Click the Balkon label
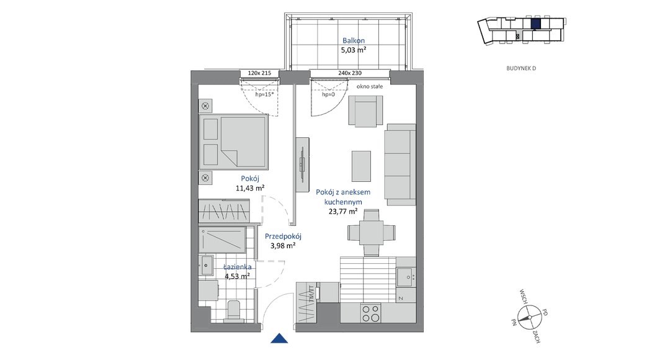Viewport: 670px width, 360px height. point(354,40)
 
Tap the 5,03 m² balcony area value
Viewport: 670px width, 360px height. point(354,50)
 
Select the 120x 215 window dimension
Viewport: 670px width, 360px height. point(259,73)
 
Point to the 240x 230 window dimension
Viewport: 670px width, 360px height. point(350,73)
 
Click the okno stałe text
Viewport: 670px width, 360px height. point(370,86)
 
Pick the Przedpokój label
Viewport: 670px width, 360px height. point(284,236)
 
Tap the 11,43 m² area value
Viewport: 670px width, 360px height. point(250,187)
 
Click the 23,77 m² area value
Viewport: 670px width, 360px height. point(343,211)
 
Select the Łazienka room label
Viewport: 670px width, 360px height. point(238,267)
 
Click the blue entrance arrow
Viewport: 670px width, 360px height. point(279,338)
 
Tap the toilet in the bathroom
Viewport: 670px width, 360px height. point(234,310)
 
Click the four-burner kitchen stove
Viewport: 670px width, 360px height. point(370,313)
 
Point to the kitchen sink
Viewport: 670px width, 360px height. point(406,277)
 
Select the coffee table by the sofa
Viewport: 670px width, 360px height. point(361,166)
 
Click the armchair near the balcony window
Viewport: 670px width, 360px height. point(365,111)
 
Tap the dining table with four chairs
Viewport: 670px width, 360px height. point(372,233)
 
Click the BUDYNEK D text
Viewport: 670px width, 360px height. point(521,68)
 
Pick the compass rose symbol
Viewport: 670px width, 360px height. point(529,317)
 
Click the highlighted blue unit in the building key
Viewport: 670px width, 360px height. point(536,24)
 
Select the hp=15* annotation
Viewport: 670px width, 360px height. point(264,94)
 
